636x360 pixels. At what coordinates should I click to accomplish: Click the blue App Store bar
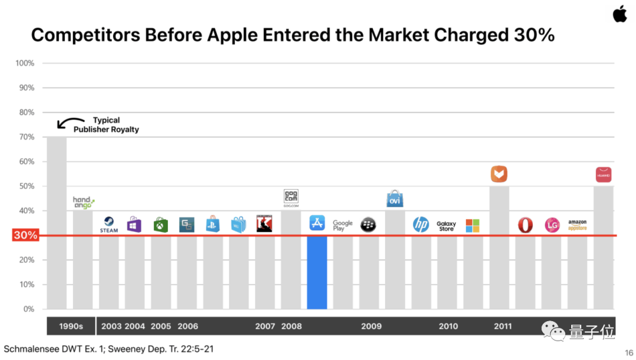317,272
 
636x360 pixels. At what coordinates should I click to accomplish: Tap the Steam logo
109,224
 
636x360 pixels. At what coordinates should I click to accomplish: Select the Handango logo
83,203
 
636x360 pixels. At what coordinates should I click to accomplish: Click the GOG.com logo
291,199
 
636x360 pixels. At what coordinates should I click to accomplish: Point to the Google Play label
343,225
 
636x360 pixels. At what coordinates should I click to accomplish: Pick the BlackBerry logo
369,224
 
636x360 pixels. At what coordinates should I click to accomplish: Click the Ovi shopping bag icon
395,199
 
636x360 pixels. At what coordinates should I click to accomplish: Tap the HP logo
420,224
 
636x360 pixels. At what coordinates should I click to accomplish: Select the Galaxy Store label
446,226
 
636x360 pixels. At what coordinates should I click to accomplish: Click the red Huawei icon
603,174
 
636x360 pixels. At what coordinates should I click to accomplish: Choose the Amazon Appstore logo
577,225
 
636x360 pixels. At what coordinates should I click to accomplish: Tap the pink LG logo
552,225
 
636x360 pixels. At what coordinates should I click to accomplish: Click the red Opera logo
525,225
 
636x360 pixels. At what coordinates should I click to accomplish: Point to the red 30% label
25,236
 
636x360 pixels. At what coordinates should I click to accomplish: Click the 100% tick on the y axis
24,63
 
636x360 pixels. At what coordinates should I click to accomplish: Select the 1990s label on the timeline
71,326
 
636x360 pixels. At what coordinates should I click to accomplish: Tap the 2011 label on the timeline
503,326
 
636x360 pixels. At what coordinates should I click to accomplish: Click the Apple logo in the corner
620,14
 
